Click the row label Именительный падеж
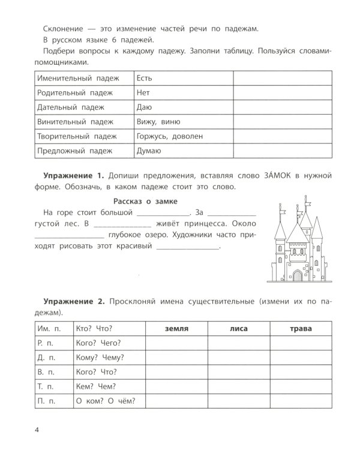pos(77,79)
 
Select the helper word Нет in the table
pos(143,93)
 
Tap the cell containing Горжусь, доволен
pos(170,136)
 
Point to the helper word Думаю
pos(149,151)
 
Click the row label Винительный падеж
pos(75,122)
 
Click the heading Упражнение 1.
pos(74,175)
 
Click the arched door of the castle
pos(297,275)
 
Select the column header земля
pos(176,328)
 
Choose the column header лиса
pos(238,328)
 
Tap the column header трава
pos(300,328)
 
